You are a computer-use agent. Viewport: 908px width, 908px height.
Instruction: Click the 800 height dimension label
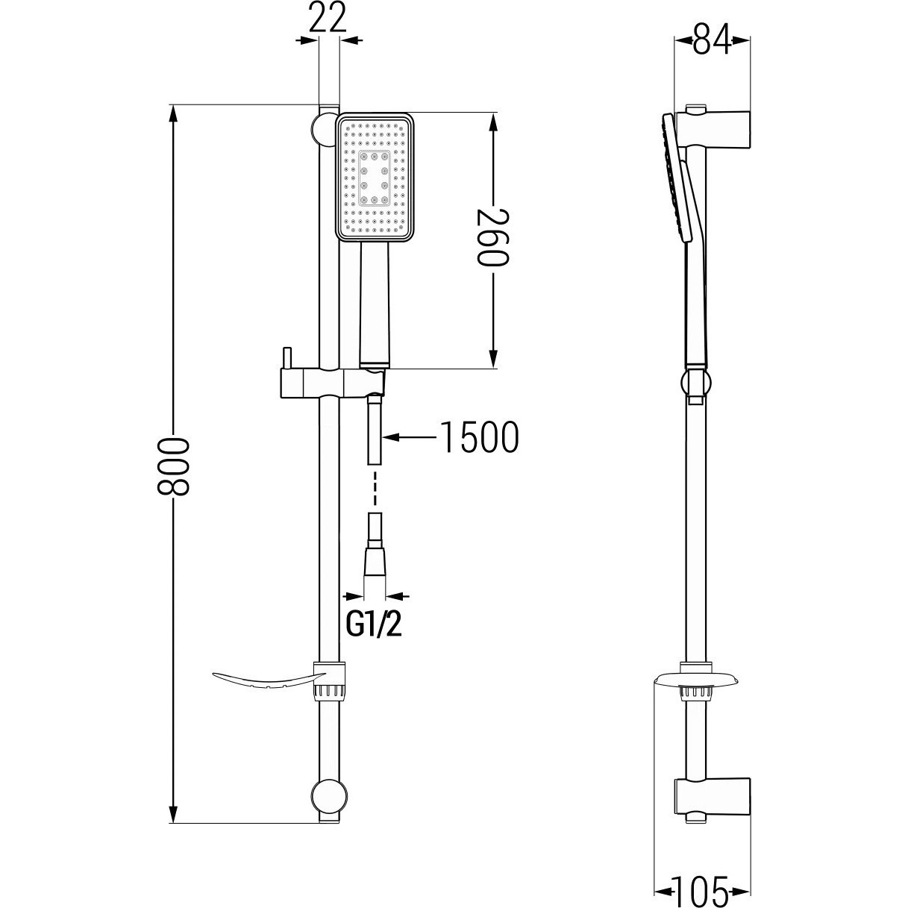pos(172,466)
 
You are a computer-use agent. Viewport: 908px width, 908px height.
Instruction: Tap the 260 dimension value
pos(493,238)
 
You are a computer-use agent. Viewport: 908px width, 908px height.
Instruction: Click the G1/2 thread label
pos(374,625)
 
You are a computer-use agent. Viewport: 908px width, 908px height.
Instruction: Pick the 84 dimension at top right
pos(712,40)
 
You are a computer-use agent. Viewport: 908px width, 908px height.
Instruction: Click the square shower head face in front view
pos(376,177)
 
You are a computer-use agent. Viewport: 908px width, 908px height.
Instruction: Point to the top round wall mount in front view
pos(324,128)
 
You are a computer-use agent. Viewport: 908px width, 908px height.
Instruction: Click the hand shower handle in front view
pos(375,303)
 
